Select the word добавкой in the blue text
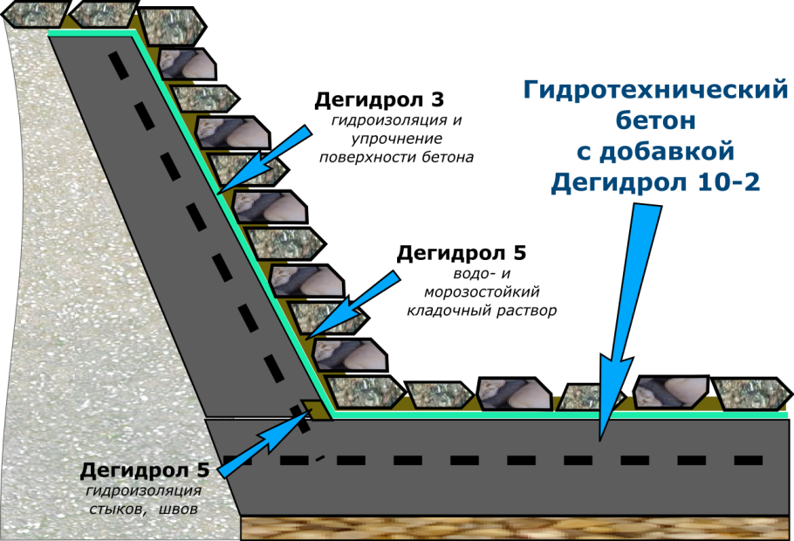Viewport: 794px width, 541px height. tap(667, 152)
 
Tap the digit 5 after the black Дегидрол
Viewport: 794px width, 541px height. tap(203, 472)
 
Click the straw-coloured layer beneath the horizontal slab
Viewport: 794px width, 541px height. tap(515, 527)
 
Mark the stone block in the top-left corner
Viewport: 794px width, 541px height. tap(35, 14)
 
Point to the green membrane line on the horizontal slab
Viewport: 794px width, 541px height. tap(558, 415)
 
